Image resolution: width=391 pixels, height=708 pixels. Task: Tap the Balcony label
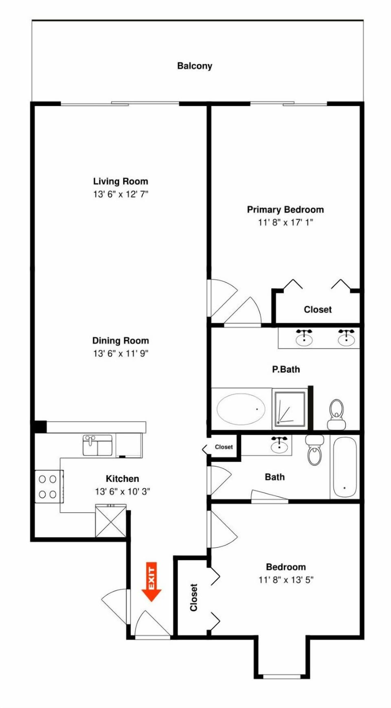coord(195,66)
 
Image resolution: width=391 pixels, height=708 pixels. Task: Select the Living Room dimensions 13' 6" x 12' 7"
coord(121,194)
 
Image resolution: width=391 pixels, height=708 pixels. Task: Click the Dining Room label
coord(121,341)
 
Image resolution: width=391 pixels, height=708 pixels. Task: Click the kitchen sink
coord(97,445)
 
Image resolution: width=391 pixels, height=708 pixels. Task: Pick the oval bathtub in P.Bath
coord(241,409)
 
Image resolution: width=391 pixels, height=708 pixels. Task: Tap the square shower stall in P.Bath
coord(290,409)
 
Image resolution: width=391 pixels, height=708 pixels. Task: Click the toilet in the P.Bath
coord(336,414)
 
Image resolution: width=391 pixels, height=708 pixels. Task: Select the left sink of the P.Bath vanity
coord(304,338)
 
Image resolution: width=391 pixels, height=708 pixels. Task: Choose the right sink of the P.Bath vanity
coord(346,338)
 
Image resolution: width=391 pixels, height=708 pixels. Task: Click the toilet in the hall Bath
coord(314,450)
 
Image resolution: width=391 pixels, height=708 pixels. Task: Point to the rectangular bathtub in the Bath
coord(345,467)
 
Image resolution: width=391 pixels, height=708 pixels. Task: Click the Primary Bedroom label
coord(286,210)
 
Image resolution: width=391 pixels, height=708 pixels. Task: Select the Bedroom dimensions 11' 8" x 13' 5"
coord(286,580)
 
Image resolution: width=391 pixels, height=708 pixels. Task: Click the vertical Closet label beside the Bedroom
coord(194,597)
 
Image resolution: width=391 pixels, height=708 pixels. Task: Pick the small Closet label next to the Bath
coord(224,447)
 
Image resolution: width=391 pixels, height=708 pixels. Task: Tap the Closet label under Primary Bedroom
coord(318,309)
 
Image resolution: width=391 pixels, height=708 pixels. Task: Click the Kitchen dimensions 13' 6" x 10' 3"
coord(123,492)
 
